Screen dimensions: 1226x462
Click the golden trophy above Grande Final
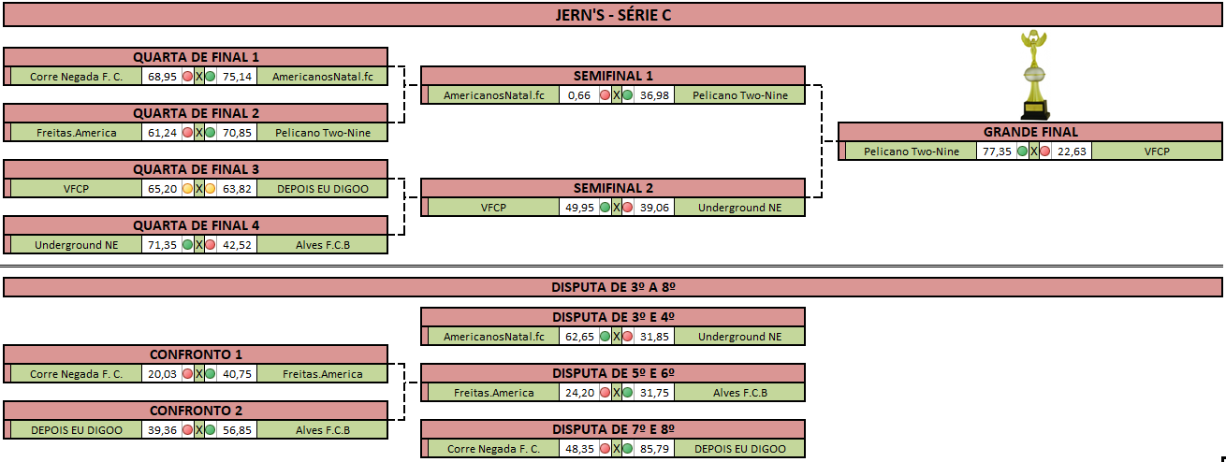[x=1034, y=75]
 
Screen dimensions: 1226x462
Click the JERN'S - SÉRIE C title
[x=613, y=15]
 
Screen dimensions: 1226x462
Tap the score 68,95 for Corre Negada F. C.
[x=162, y=77]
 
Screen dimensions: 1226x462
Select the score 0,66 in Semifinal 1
[x=579, y=95]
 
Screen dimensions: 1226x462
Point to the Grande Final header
[x=1030, y=132]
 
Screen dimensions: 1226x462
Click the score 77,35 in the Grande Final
[x=997, y=152]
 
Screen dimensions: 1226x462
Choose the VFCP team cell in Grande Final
[x=1157, y=152]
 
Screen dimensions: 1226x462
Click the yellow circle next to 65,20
[x=188, y=189]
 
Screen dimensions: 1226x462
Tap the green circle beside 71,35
[x=188, y=245]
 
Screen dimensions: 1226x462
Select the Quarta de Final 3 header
[x=196, y=169]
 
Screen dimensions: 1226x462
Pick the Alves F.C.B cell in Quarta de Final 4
[x=322, y=245]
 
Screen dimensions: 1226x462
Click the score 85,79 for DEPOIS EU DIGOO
[x=654, y=449]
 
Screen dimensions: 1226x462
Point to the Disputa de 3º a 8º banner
[x=613, y=287]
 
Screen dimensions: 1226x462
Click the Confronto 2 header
[x=196, y=411]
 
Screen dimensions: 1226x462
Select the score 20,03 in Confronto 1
[x=162, y=374]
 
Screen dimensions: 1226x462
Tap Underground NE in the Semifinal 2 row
[x=739, y=208]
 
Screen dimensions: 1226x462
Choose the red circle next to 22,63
[x=1045, y=152]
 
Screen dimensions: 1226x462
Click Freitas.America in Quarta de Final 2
[x=76, y=133]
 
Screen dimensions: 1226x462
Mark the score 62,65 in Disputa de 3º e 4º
[x=579, y=337]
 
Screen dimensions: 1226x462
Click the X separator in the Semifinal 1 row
[x=617, y=95]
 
